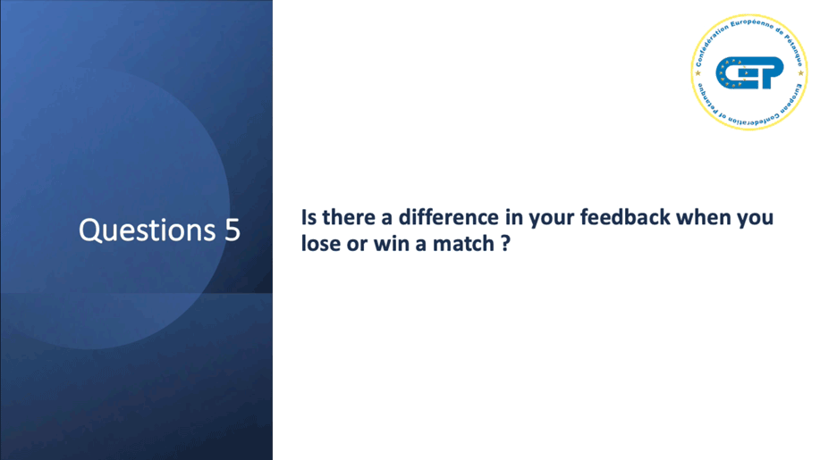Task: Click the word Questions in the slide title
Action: click(x=147, y=230)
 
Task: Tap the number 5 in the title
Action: click(x=232, y=230)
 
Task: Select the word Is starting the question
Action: click(x=309, y=217)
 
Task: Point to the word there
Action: click(x=349, y=217)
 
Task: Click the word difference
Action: click(x=449, y=217)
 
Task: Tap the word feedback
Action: click(x=625, y=217)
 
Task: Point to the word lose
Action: click(x=320, y=243)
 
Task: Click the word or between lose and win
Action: click(x=357, y=246)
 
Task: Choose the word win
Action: click(x=392, y=243)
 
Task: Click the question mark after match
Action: click(x=505, y=243)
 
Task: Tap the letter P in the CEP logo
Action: click(x=770, y=72)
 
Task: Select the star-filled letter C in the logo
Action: click(x=731, y=72)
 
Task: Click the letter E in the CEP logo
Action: click(x=750, y=72)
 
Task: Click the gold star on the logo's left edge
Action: click(x=697, y=73)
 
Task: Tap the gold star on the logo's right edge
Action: click(x=800, y=73)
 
